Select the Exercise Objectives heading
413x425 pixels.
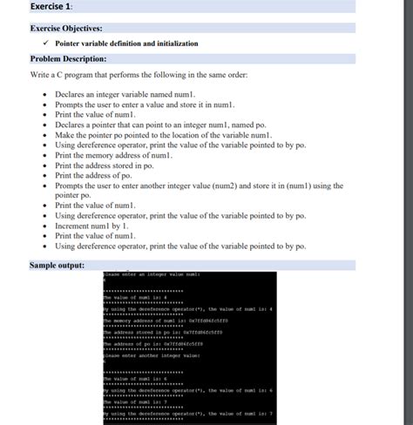coord(66,28)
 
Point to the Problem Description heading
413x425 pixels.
coord(68,58)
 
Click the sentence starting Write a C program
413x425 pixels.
coord(139,76)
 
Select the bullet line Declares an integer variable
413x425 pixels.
coord(129,93)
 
